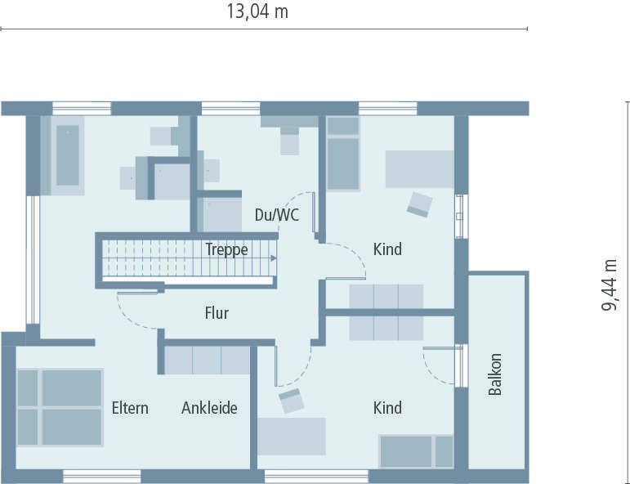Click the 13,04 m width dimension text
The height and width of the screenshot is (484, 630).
[257, 11]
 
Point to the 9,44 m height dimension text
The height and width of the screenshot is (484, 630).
[610, 285]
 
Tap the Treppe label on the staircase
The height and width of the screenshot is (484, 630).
[226, 250]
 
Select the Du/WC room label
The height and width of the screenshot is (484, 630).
[277, 216]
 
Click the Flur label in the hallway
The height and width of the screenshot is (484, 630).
[217, 313]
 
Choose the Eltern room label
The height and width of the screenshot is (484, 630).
[130, 408]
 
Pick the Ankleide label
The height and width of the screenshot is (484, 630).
[209, 408]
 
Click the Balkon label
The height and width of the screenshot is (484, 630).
[495, 375]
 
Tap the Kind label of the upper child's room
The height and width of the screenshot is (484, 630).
[387, 249]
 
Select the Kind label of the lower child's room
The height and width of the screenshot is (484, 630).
[387, 408]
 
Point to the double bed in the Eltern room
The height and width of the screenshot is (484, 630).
[60, 407]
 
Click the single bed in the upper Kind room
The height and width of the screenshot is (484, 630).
[343, 154]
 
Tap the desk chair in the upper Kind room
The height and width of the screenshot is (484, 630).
[420, 204]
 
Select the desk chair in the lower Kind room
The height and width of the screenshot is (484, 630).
[291, 401]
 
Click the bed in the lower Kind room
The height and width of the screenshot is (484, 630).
[416, 451]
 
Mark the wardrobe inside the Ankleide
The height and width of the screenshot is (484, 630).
[207, 361]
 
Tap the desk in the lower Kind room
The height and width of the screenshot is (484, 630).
[292, 436]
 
